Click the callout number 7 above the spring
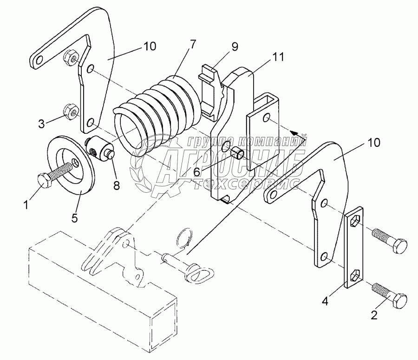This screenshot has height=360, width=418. (193, 44)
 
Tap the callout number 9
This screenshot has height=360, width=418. (235, 46)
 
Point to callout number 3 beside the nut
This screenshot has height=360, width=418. (41, 124)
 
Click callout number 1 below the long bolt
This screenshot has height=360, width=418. (26, 205)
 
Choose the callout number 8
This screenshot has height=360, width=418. (117, 185)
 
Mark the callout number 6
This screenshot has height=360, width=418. (197, 172)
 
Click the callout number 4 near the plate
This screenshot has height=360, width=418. (325, 301)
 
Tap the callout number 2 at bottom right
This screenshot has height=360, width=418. (374, 315)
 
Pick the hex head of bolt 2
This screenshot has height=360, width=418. (399, 301)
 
